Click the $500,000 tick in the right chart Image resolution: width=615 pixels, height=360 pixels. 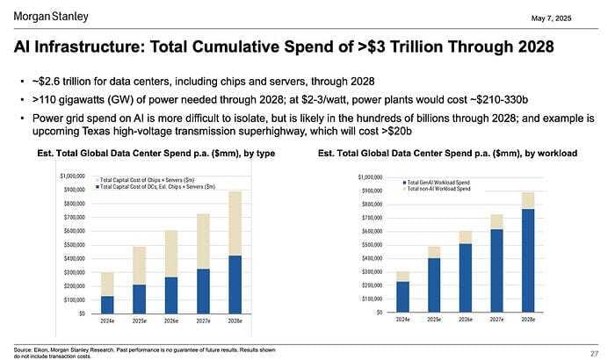[x=371, y=245]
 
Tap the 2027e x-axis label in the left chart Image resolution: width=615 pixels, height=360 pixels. [x=203, y=322]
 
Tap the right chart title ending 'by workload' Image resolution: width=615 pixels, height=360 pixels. [x=447, y=155]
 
